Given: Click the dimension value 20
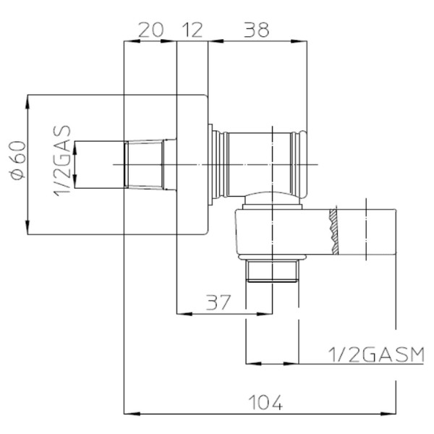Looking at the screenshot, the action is [x=151, y=30].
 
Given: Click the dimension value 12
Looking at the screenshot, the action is [x=192, y=30].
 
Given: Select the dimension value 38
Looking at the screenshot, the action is [x=256, y=30].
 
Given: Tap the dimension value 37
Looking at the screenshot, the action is [x=218, y=302].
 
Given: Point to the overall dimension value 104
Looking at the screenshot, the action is [x=265, y=402].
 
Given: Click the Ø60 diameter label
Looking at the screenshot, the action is [x=19, y=161].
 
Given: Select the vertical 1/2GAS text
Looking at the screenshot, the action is [x=62, y=161].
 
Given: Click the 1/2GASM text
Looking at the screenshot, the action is [x=376, y=354].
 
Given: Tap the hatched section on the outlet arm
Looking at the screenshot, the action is [x=334, y=231].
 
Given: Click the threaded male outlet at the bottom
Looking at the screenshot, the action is [x=273, y=271].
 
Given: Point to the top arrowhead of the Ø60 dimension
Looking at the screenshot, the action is [x=27, y=103].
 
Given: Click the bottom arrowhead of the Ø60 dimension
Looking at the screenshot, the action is [x=27, y=227].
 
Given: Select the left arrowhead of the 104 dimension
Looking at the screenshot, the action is [x=132, y=414].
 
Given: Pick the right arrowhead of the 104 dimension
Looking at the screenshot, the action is [x=388, y=414].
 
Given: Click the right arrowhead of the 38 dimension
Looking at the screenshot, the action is [x=299, y=41].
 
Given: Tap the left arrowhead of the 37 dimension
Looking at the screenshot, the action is [x=184, y=314].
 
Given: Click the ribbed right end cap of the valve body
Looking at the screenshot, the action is [x=299, y=165].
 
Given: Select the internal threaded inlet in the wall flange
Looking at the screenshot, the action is [x=145, y=165].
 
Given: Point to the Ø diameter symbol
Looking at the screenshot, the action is [x=19, y=175].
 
